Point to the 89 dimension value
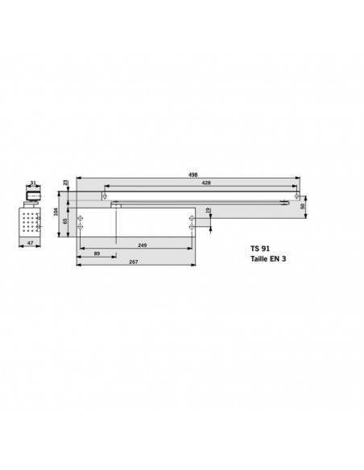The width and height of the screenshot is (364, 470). tap(97, 254)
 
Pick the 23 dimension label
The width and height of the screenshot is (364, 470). tap(65, 186)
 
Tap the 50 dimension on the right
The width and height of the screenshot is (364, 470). tap(304, 207)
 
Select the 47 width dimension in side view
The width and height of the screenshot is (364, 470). tap(29, 241)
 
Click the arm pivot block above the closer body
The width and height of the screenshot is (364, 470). tap(118, 205)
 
